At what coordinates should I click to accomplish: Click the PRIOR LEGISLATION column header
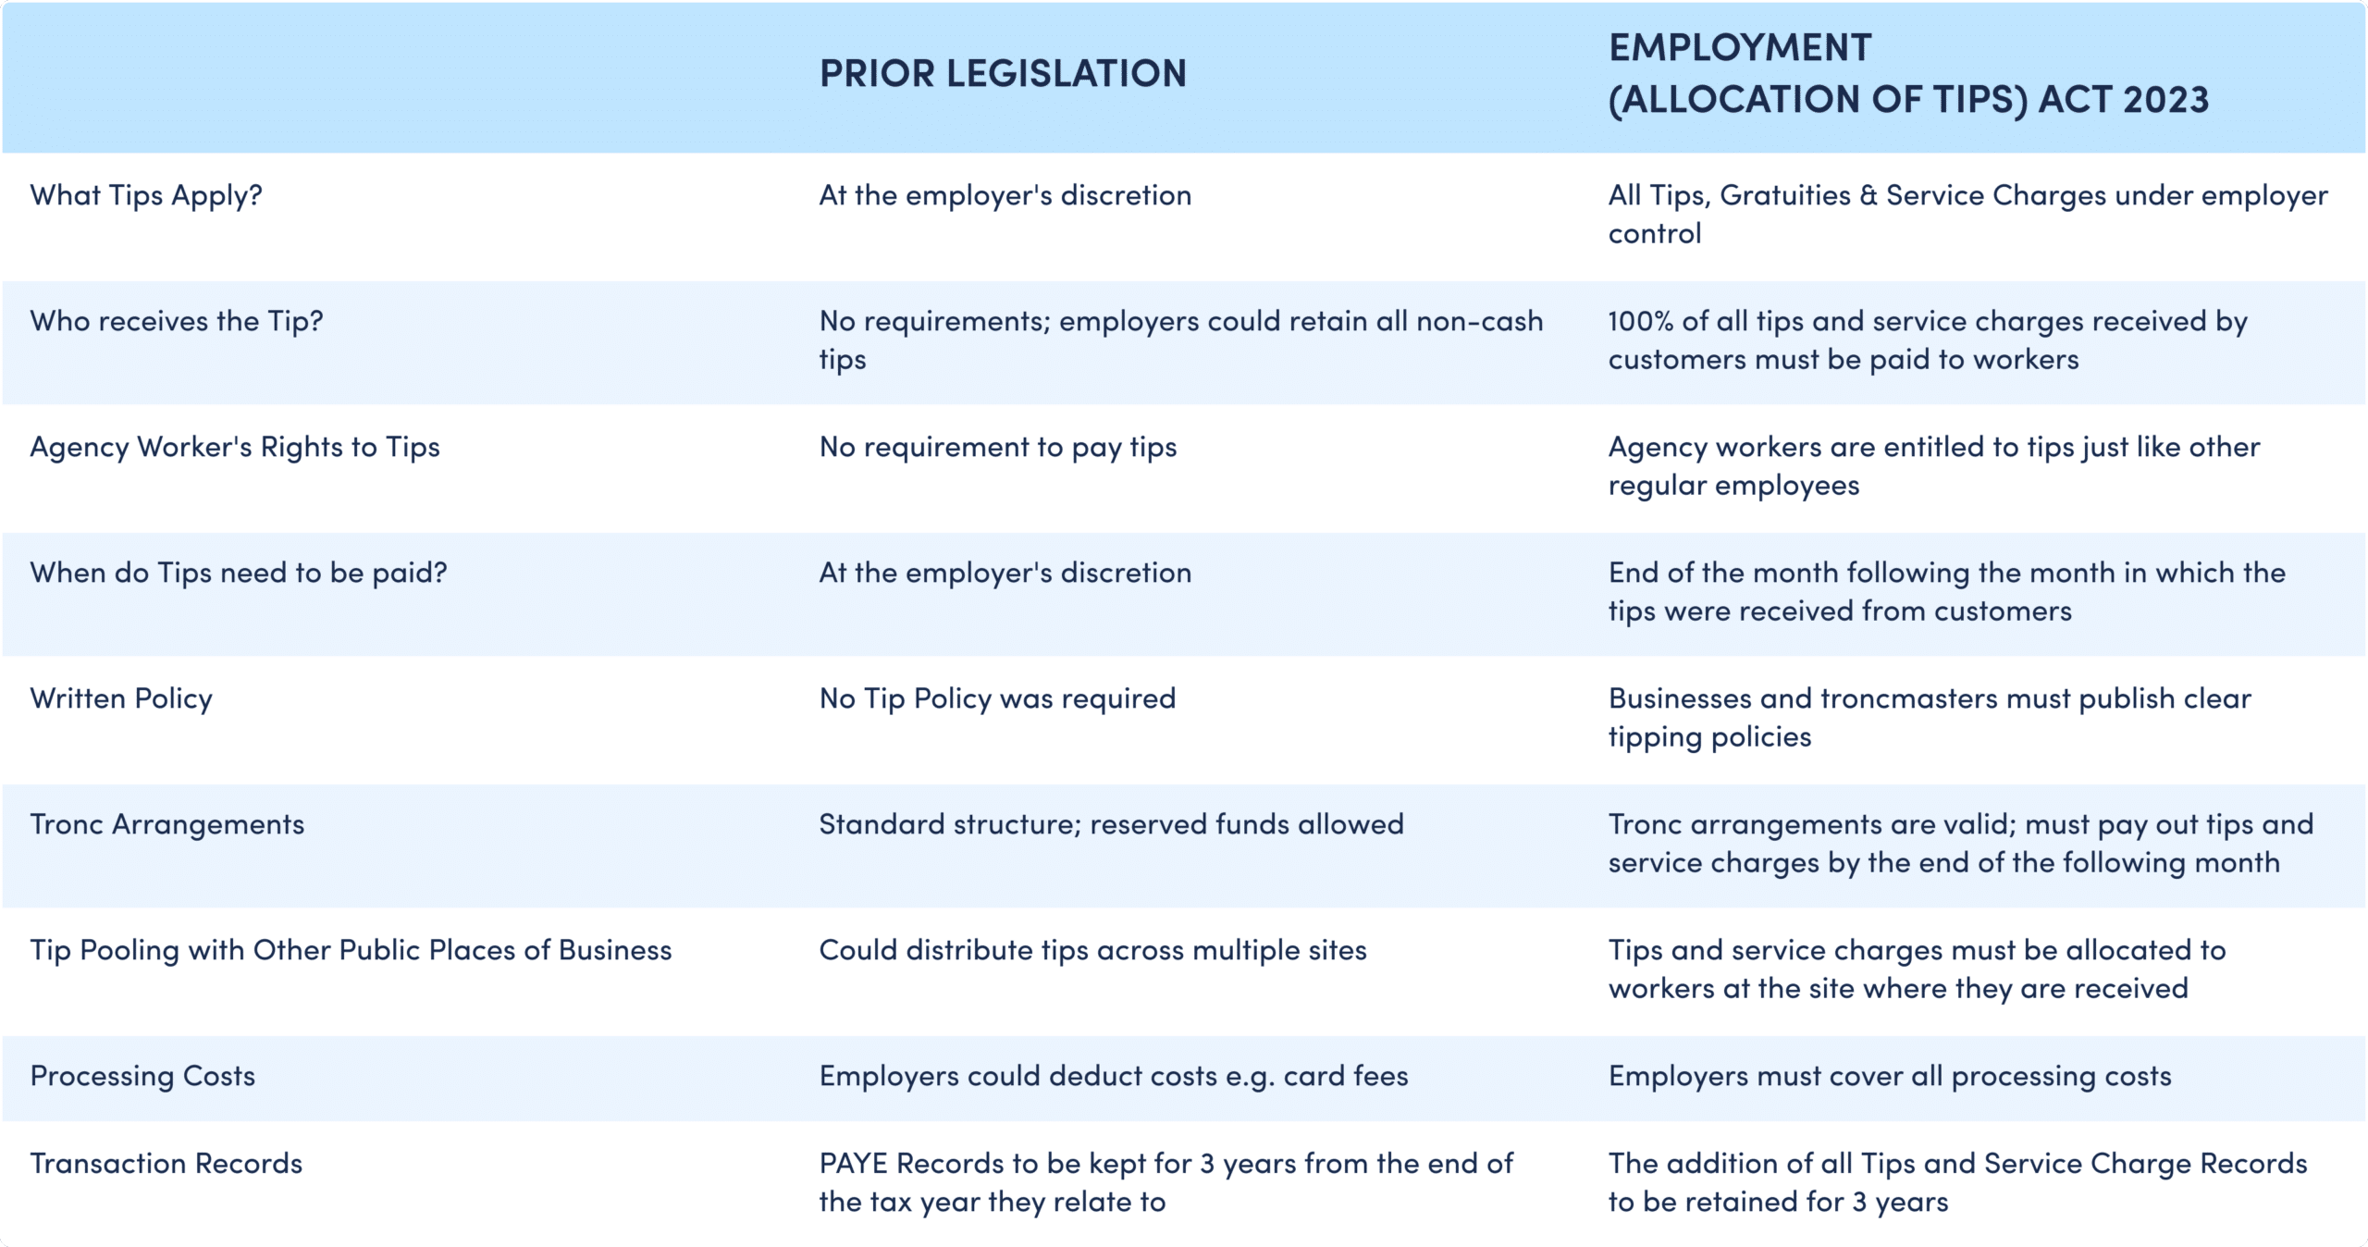pos(1003,74)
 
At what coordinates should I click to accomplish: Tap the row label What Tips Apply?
pos(146,196)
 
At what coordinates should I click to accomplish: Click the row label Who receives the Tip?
pos(177,322)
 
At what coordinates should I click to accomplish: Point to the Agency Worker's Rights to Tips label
pos(235,448)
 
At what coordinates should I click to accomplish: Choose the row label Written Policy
pos(121,699)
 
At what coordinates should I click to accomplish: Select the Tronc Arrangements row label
pos(167,824)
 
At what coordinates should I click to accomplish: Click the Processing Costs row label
pos(142,1076)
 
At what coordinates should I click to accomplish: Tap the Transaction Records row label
pos(166,1164)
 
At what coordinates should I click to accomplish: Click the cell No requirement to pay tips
pos(998,448)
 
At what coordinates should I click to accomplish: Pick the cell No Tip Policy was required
pos(997,699)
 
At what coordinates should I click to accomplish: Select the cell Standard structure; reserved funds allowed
pos(1112,824)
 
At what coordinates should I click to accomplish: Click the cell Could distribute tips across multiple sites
pos(1093,950)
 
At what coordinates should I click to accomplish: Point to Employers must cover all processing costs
pos(1890,1076)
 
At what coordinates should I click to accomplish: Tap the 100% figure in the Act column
pos(1641,322)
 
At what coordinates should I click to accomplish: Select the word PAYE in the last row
pos(854,1164)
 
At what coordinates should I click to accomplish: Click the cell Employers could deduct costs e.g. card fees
pos(1114,1076)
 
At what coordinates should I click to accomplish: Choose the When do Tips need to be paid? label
pos(239,574)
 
